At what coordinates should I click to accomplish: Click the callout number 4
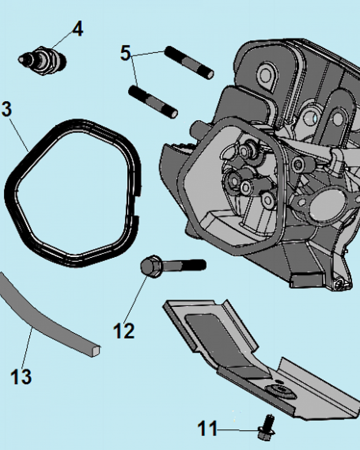coord(77,29)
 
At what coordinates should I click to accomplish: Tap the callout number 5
coord(126,53)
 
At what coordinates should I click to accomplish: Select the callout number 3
coord(6,109)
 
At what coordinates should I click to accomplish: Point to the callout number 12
coord(124,331)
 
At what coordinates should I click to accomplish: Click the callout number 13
coord(21,376)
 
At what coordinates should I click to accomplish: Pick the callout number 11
coord(207,428)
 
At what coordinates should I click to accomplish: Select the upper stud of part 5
coord(189,62)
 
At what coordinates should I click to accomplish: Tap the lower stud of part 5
coord(153,102)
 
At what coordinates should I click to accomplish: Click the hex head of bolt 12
coord(151,266)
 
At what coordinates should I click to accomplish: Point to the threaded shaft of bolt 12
coord(184,265)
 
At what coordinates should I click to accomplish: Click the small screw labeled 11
coord(266,427)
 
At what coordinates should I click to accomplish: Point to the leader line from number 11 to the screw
coord(238,430)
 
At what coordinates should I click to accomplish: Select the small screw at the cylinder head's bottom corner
coord(339,284)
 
